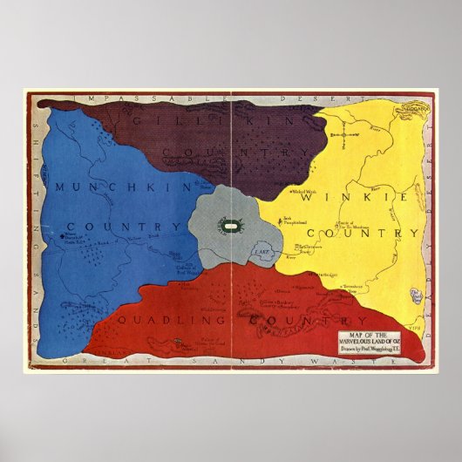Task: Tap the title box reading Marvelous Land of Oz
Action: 363,341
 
